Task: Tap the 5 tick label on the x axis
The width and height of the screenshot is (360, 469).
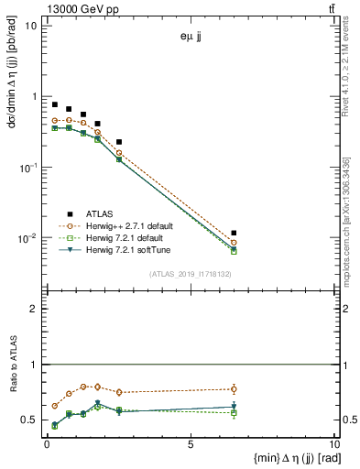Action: (190, 445)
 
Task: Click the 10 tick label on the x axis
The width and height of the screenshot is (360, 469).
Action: (331, 445)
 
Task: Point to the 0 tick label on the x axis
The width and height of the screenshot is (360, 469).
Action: (47, 445)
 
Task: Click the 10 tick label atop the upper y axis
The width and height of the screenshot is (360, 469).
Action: (30, 25)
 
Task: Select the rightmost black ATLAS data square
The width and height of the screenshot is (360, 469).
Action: (235, 234)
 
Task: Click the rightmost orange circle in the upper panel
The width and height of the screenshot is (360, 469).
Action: (235, 243)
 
